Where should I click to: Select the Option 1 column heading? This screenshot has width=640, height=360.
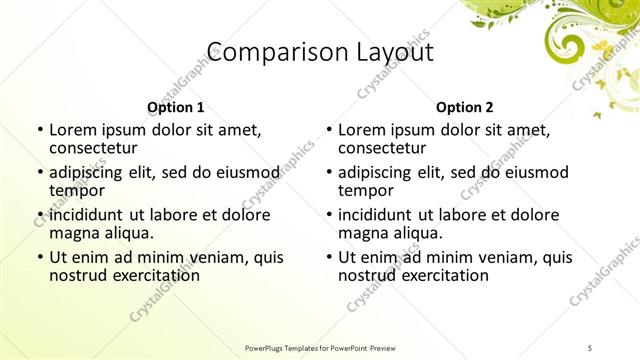(175, 107)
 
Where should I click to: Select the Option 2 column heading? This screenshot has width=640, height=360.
(465, 107)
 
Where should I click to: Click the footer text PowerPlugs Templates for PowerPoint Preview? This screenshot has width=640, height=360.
(320, 347)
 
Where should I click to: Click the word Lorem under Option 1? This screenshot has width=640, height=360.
(72, 130)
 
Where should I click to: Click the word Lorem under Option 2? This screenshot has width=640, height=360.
(362, 130)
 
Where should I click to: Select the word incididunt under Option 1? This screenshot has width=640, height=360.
(88, 215)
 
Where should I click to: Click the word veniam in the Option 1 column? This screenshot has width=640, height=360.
(211, 257)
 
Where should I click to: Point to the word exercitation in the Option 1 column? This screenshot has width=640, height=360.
(153, 274)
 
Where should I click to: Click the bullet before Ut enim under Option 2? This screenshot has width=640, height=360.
(328, 257)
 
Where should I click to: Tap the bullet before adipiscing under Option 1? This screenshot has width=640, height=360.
(39, 172)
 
